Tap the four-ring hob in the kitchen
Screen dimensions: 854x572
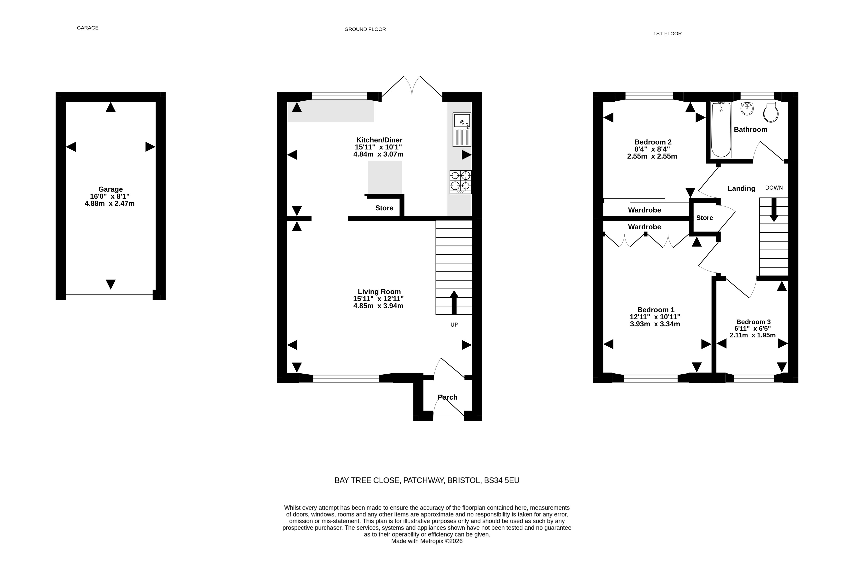pos(460,182)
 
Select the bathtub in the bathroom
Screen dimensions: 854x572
pos(721,130)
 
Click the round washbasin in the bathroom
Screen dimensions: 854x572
pos(747,109)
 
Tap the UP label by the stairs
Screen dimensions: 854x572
pos(454,325)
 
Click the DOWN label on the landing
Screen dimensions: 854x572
pos(774,187)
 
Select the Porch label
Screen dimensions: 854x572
pos(447,397)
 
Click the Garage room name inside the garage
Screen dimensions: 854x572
pos(111,189)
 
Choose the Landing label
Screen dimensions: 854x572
pos(741,188)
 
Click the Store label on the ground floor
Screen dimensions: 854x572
pos(384,208)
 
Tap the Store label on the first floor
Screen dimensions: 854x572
pos(704,218)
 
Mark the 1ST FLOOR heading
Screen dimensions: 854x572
pos(667,34)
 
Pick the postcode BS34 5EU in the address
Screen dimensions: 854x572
pos(502,480)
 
